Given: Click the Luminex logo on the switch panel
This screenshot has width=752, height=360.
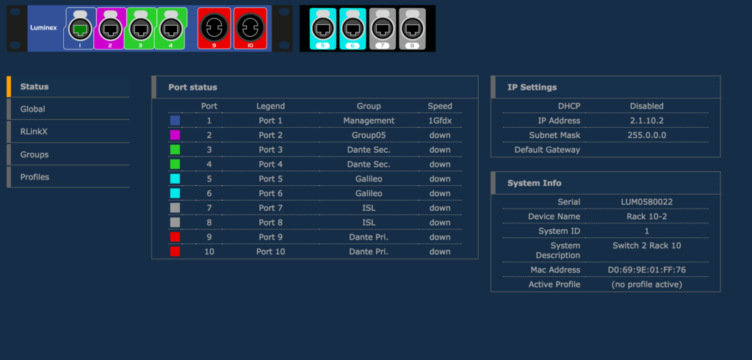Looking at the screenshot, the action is tap(43, 28).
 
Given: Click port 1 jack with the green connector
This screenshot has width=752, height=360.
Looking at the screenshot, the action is tap(80, 29).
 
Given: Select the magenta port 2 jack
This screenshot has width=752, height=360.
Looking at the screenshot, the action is tap(110, 29).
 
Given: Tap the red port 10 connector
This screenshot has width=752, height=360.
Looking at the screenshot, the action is tap(250, 29).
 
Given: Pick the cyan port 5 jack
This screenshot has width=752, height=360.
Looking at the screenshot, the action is tap(323, 29).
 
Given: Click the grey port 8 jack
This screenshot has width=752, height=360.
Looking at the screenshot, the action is tap(412, 29).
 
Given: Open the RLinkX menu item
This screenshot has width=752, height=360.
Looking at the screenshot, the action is tap(34, 132).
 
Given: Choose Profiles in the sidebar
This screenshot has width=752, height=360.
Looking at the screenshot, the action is tap(35, 177).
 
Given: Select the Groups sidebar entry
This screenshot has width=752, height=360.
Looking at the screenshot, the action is tap(34, 154).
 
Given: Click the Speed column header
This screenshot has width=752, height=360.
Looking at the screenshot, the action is tap(440, 106).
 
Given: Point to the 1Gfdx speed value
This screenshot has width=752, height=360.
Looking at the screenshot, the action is tap(440, 120).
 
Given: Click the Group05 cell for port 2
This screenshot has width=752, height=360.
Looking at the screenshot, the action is tap(369, 135).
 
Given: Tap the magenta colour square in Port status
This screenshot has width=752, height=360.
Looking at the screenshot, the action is tap(175, 135).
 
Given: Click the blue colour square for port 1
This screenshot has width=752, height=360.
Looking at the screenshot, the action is tap(175, 120).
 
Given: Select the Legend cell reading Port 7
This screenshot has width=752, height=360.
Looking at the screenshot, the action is tap(270, 208).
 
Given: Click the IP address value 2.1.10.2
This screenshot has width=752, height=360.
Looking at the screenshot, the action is tap(646, 120).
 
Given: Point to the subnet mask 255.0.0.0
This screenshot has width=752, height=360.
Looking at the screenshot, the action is tap(646, 135).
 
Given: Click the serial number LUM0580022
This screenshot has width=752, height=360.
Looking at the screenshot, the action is tap(646, 202).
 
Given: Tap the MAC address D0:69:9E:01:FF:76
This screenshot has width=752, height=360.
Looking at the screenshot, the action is tap(646, 270).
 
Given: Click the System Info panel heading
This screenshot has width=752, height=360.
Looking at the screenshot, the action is tap(535, 183).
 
